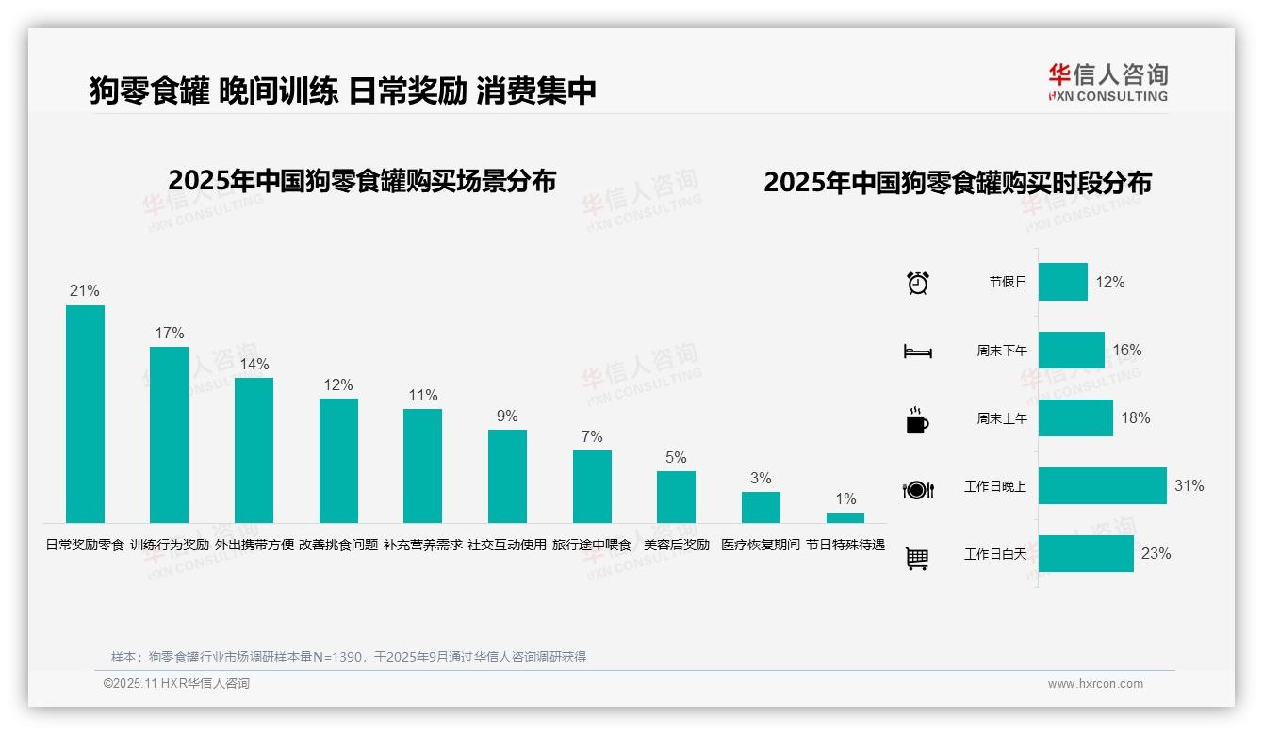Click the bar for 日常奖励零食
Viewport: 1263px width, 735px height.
(85, 414)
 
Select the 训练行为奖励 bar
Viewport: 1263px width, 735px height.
(170, 434)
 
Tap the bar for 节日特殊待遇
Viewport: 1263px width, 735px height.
(845, 517)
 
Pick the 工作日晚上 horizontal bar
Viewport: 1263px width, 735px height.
(1102, 485)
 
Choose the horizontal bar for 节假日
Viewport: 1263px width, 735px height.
(1062, 282)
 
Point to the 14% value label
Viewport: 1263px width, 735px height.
(254, 364)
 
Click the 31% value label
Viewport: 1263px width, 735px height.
(1189, 486)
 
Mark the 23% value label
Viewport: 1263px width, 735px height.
(1156, 554)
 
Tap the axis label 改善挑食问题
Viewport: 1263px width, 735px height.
(338, 545)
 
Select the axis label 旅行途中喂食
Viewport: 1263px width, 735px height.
(592, 545)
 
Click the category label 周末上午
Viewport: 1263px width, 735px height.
(1002, 418)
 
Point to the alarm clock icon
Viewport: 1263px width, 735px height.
(918, 283)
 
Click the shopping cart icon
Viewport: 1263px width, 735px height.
(917, 558)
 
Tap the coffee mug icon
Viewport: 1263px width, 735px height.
(917, 420)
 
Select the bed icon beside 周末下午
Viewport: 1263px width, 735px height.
(918, 351)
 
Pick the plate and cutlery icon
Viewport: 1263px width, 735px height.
(918, 490)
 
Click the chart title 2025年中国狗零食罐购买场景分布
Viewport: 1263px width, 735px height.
(362, 181)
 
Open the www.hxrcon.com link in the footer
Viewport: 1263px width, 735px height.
(1095, 684)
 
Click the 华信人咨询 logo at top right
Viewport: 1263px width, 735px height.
(1107, 82)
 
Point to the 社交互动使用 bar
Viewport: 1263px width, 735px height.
(507, 476)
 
